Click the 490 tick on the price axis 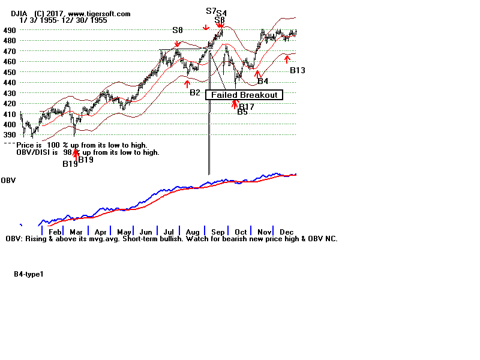pos(9,30)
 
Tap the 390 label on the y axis pos(9,135)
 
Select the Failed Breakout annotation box pos(244,95)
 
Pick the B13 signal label pos(298,70)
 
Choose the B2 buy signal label pos(195,92)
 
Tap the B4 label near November pos(263,80)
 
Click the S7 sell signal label pos(211,11)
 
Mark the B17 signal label pos(247,107)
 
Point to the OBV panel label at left pos(8,181)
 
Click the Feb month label pos(55,232)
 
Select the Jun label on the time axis pos(145,232)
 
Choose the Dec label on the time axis pos(286,232)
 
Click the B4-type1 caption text pos(29,274)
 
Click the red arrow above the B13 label pos(287,59)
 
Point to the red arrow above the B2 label pos(188,83)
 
